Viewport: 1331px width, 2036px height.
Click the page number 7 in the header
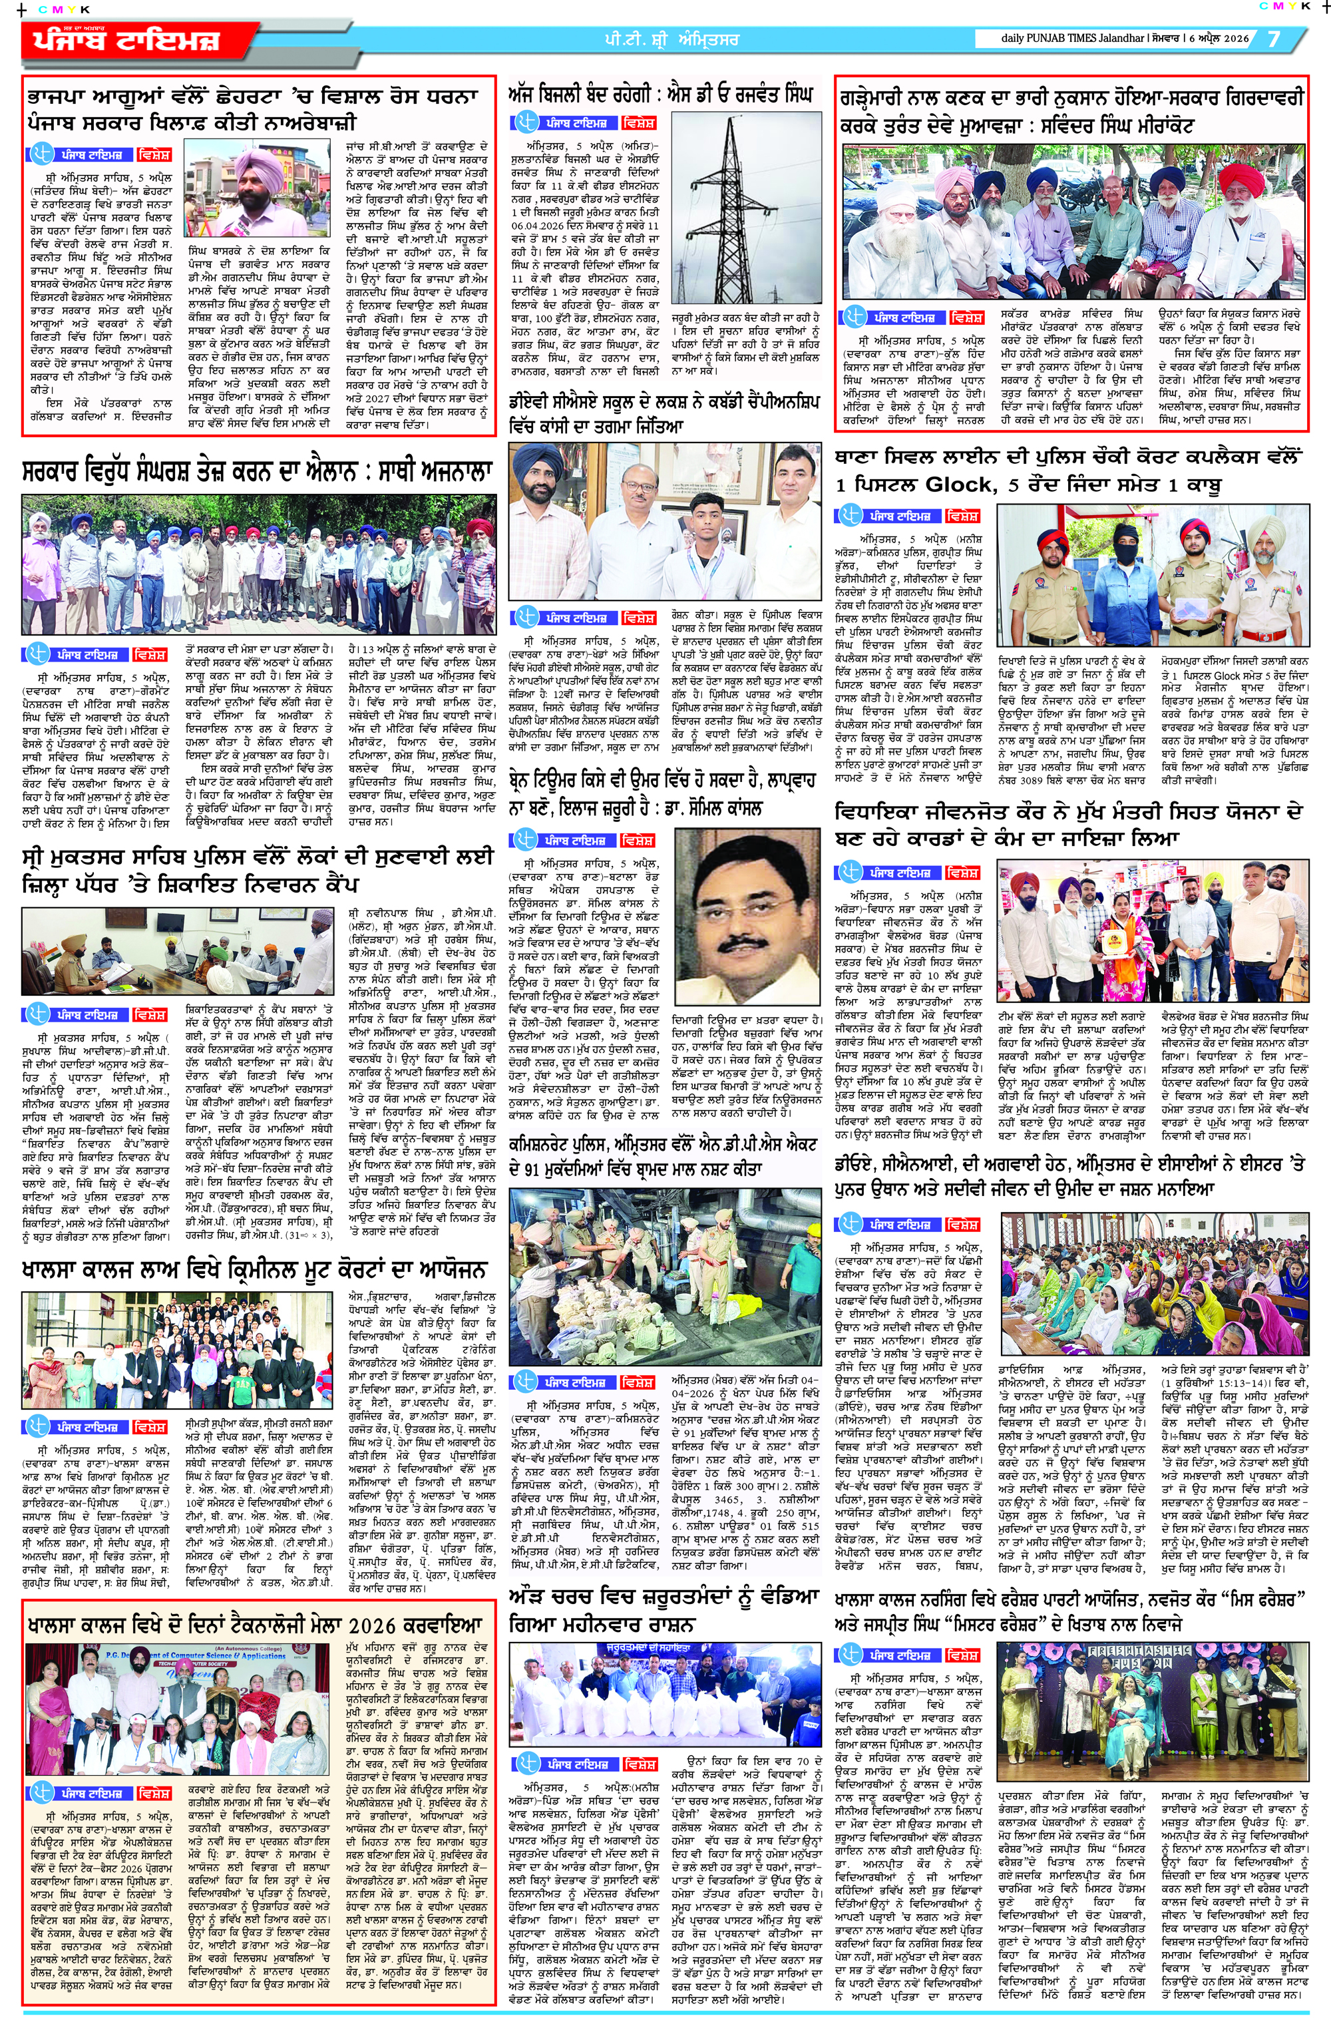[1274, 39]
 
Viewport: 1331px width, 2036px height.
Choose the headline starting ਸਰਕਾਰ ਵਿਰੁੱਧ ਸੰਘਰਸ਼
[258, 472]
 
